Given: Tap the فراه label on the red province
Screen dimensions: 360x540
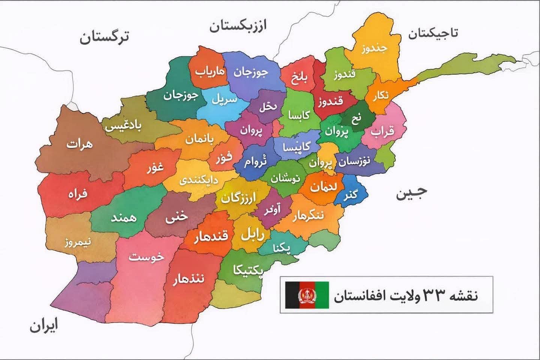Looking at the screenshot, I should (77, 194).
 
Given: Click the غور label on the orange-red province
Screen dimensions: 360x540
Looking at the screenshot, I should (155, 168).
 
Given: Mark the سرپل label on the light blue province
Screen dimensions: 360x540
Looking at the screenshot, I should (224, 99).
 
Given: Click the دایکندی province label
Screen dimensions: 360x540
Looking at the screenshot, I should (198, 180).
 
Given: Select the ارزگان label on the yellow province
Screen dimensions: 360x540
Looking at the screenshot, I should (238, 198).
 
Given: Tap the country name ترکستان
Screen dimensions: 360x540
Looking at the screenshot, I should (104, 37).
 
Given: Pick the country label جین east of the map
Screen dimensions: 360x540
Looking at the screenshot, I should (411, 193).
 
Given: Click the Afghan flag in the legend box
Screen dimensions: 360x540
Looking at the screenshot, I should (307, 295).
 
